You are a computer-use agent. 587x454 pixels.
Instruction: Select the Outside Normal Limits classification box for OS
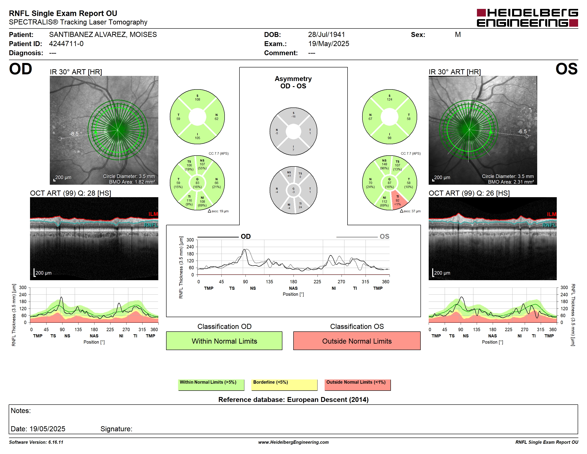click(x=357, y=341)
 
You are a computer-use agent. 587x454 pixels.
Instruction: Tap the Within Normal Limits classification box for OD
click(x=224, y=341)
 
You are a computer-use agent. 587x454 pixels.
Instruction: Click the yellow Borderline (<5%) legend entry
click(x=284, y=385)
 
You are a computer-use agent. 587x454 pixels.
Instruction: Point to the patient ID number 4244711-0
click(x=66, y=44)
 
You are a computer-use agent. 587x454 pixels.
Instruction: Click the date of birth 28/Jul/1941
click(x=326, y=34)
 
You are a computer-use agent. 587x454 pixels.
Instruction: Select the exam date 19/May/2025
click(x=328, y=44)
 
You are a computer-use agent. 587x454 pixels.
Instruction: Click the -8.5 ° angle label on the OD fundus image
click(x=76, y=134)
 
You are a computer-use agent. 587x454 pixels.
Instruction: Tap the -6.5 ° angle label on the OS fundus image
click(x=524, y=132)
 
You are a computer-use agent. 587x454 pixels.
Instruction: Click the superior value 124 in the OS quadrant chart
click(x=390, y=99)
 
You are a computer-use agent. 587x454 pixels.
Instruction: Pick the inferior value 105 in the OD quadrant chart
click(x=197, y=138)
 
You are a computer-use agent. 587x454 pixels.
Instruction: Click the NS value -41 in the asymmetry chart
click(x=289, y=176)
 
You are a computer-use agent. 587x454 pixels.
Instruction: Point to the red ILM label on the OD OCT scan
click(x=153, y=214)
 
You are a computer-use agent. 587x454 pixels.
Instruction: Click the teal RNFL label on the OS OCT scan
click(x=549, y=225)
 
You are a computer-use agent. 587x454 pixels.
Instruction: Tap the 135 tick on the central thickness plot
click(x=269, y=282)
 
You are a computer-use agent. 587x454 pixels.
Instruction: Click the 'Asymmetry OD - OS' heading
click(x=293, y=82)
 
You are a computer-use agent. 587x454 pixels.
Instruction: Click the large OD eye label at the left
click(x=20, y=69)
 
